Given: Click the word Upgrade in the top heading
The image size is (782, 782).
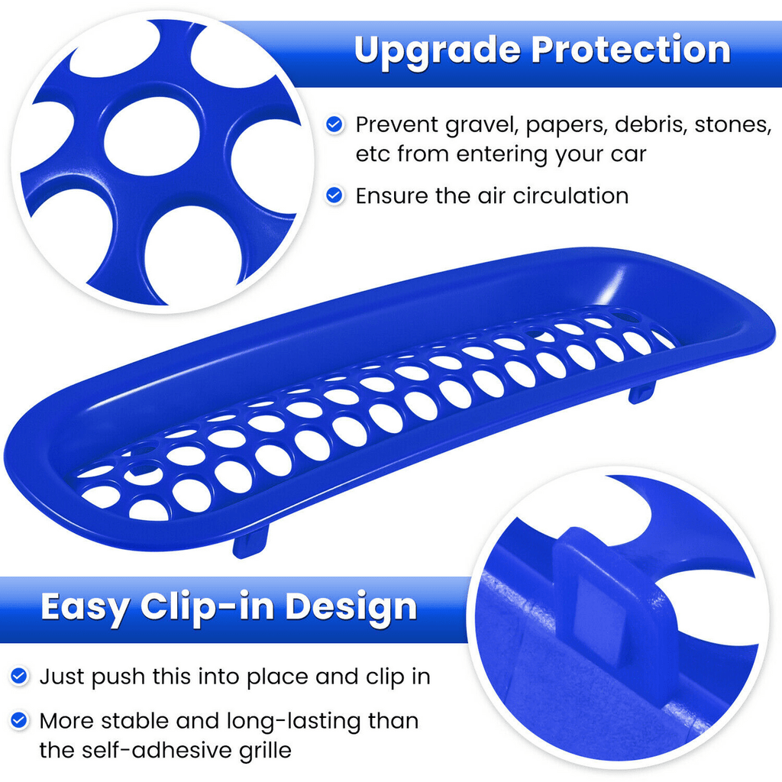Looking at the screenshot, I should [x=437, y=50].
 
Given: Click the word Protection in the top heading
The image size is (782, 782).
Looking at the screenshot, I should [x=631, y=50].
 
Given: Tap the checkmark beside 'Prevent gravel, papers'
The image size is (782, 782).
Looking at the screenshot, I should [x=334, y=124].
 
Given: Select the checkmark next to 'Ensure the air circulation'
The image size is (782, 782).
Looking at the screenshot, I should [x=334, y=195].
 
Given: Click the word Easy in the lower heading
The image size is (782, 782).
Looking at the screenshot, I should [x=85, y=607].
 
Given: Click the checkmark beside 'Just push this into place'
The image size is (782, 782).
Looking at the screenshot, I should [x=19, y=677].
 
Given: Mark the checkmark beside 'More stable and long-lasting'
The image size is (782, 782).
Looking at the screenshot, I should [x=19, y=721].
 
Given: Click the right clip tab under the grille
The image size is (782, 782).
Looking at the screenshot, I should [x=641, y=393].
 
